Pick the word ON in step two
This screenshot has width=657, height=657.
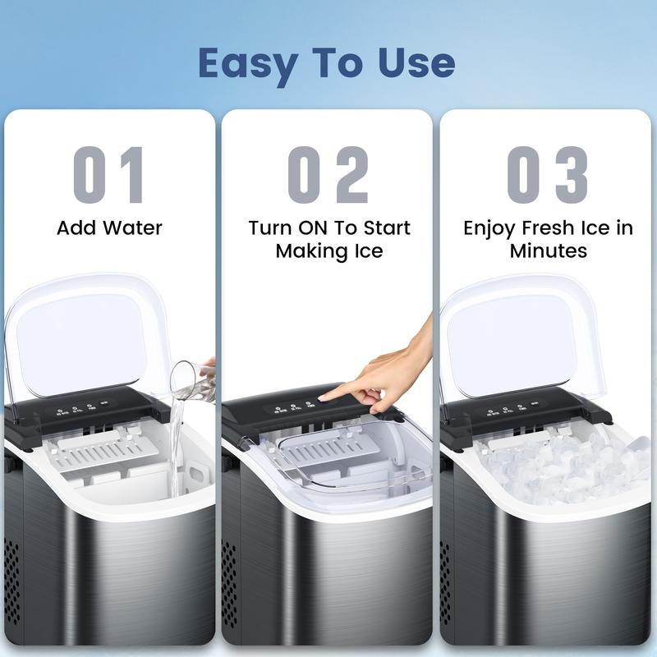tap(321, 227)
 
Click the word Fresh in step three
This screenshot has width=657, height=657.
tap(548, 227)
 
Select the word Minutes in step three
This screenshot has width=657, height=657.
tap(548, 250)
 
